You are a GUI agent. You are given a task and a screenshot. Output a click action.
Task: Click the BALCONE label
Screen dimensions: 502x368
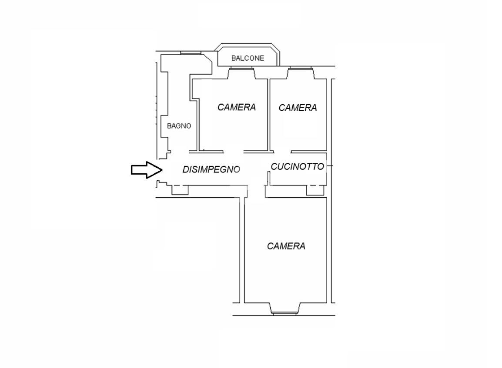[x=248, y=58]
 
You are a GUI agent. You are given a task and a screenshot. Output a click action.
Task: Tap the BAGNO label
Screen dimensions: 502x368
[x=179, y=126]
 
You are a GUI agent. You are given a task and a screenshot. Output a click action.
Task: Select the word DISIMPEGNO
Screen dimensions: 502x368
[x=211, y=169]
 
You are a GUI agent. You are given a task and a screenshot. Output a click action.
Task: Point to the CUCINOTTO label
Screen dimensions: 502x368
[x=298, y=166]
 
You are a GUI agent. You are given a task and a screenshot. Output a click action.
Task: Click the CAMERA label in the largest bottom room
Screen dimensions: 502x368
[x=286, y=246]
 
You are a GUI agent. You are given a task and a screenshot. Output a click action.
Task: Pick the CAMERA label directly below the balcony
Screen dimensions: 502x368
[x=237, y=107]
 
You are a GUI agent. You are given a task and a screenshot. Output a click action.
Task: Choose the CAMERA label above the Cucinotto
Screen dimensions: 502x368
[x=298, y=108]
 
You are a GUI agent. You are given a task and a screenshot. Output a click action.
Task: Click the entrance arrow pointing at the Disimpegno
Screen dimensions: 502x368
[x=147, y=170]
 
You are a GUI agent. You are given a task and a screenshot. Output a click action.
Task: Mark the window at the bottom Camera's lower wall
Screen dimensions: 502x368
[x=285, y=314]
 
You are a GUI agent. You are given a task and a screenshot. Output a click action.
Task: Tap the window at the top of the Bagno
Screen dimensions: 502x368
[x=190, y=53]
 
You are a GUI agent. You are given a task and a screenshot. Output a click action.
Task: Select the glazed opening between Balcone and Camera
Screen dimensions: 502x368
[x=241, y=68]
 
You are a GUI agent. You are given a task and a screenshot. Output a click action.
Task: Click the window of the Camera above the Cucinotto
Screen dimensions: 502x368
[x=300, y=68]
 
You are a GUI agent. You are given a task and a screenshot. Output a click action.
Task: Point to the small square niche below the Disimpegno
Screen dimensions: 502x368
[x=180, y=190]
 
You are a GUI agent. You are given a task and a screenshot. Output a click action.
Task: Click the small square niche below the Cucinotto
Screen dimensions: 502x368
[x=315, y=190]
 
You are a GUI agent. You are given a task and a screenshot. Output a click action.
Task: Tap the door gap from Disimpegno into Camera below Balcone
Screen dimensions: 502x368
[x=234, y=151]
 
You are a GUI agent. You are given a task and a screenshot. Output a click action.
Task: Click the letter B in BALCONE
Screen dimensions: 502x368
[x=234, y=58]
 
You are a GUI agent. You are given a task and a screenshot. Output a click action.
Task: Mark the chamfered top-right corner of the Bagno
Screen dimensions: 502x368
[x=208, y=59]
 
